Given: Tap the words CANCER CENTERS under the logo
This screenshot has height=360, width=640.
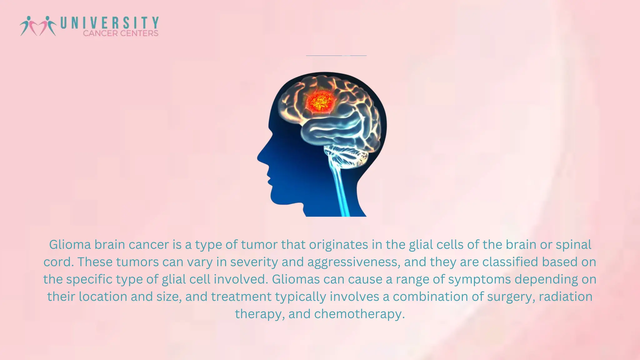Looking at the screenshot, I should click(x=121, y=33).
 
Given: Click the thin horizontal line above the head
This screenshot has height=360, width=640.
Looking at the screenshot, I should click(x=336, y=56).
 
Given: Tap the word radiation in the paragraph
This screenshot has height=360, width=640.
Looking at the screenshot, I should click(x=566, y=297).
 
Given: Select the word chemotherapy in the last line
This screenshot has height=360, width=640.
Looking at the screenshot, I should click(x=359, y=314).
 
